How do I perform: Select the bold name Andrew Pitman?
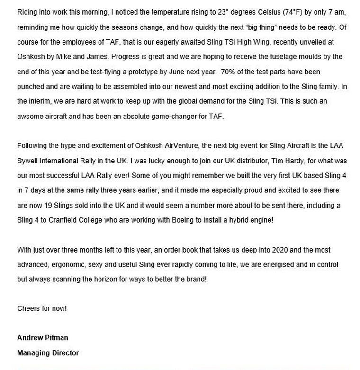(x=43, y=338)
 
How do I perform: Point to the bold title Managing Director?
(x=48, y=352)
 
